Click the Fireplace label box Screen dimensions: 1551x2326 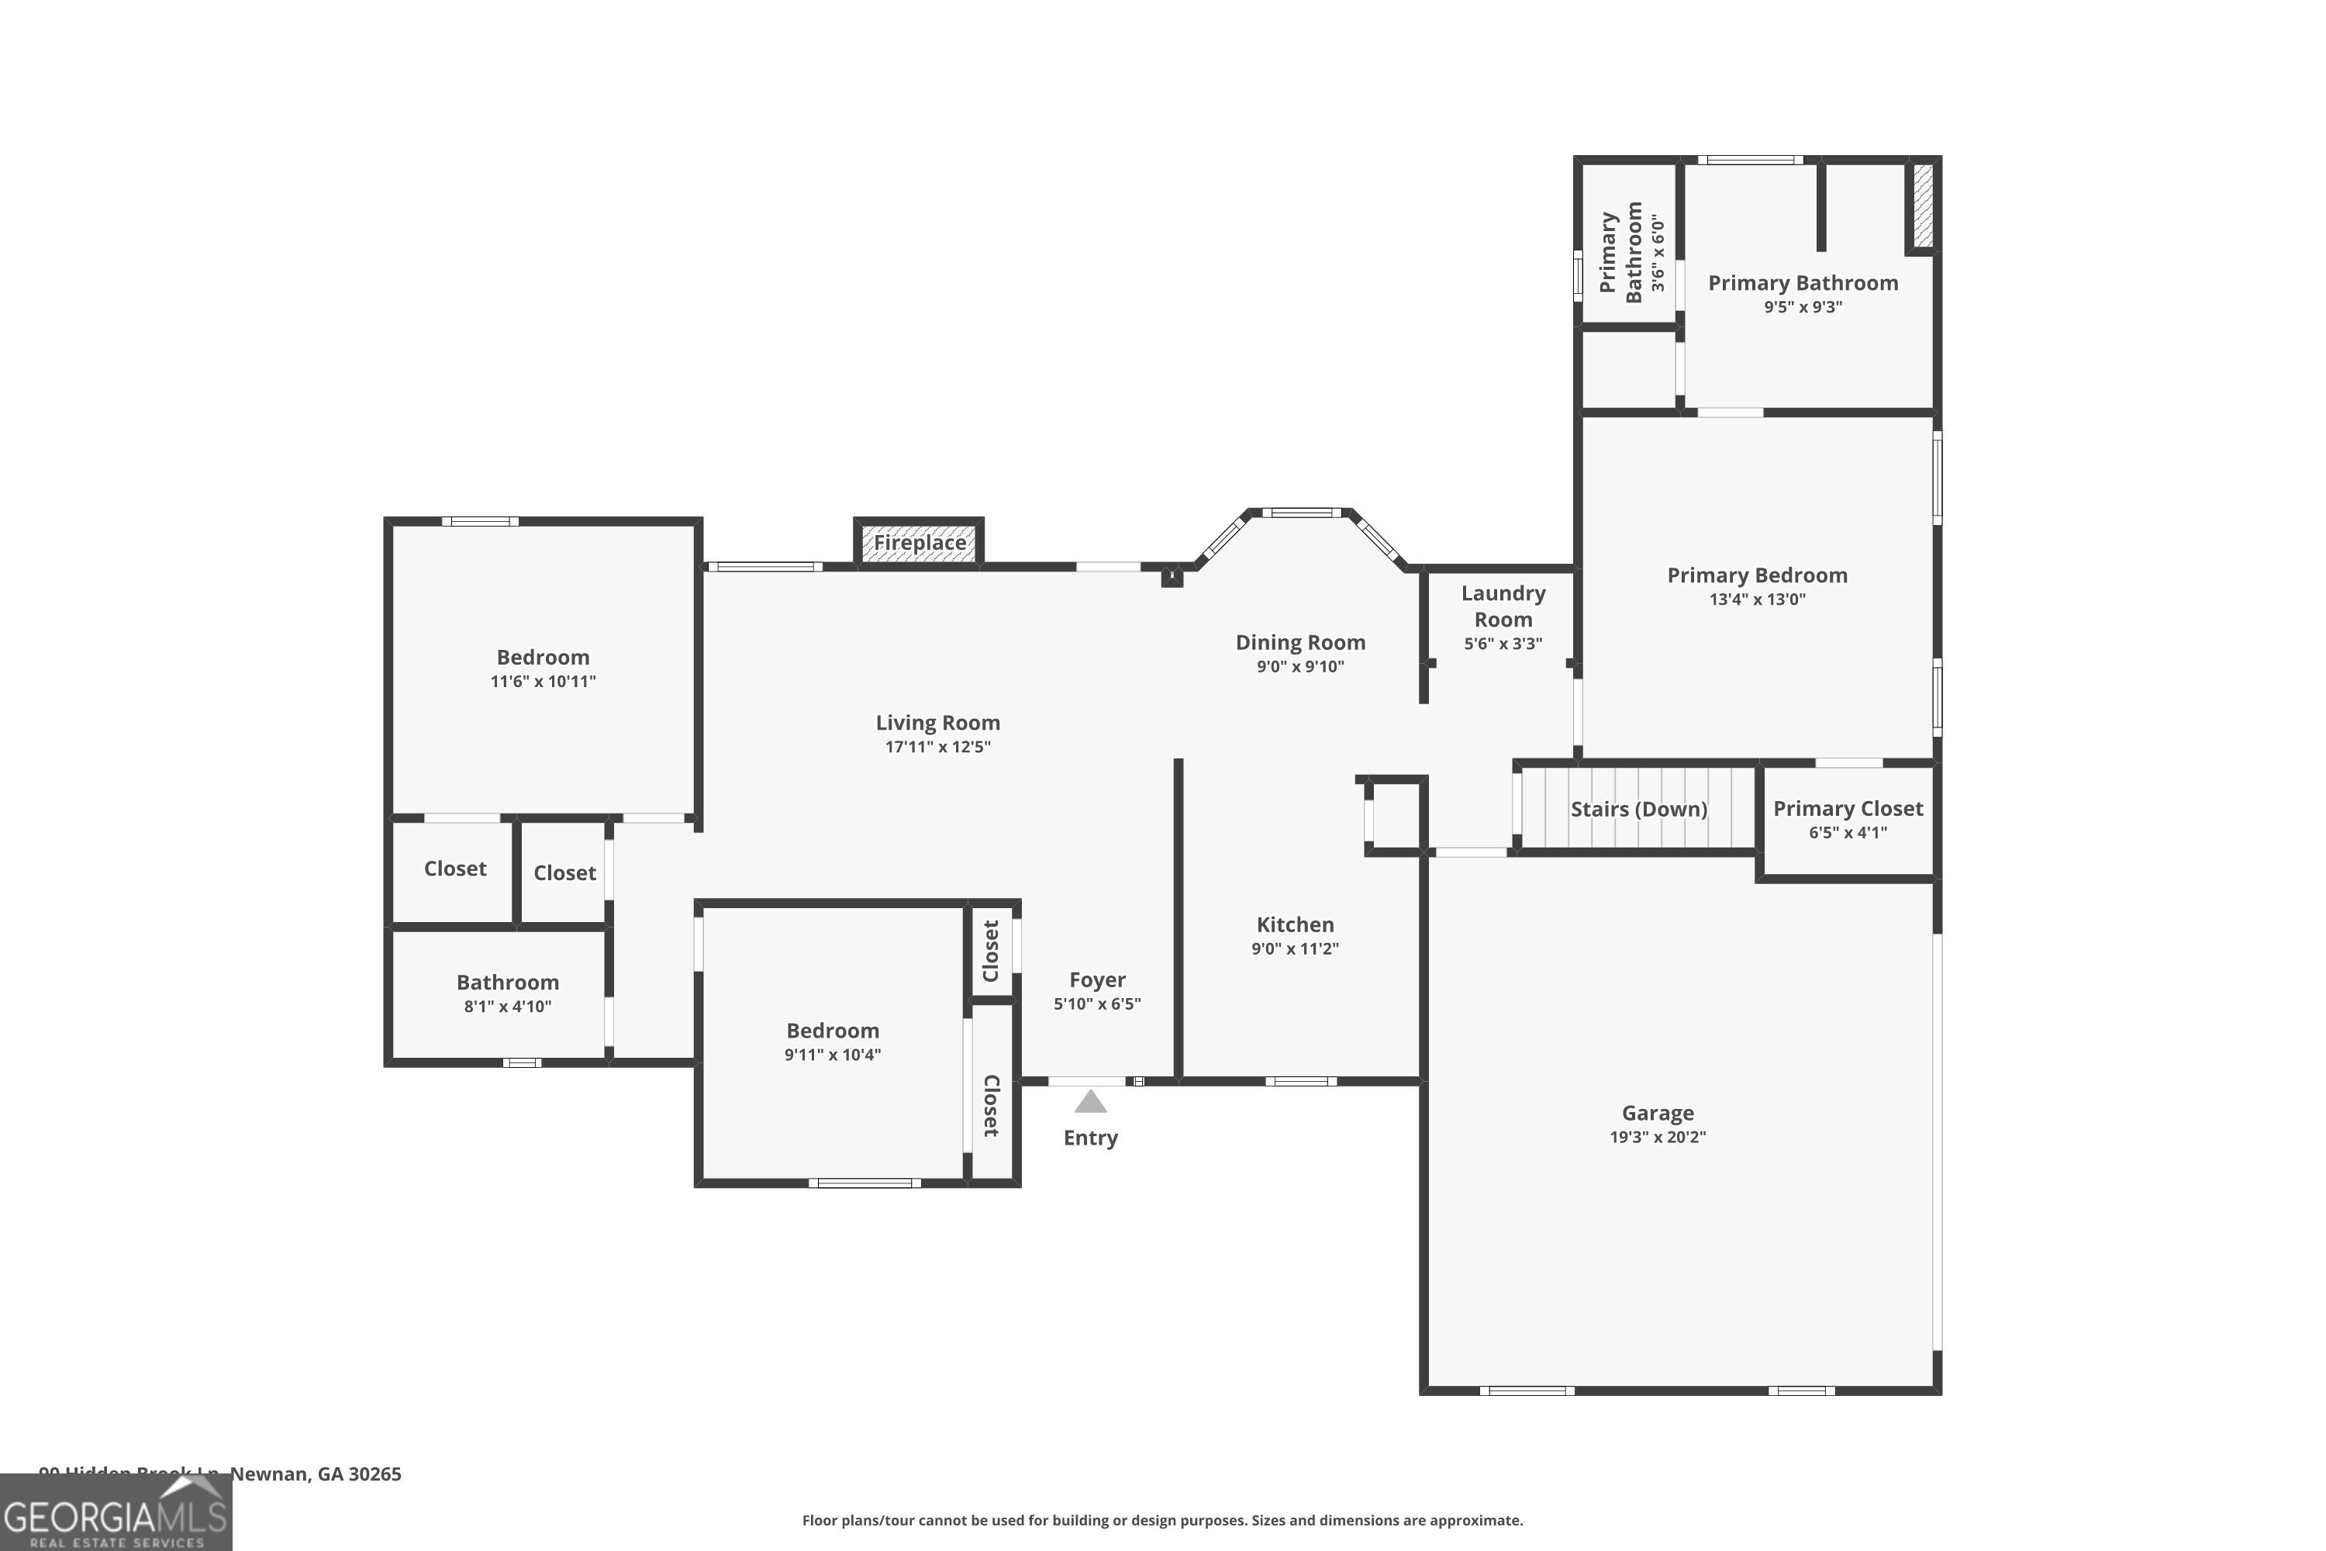point(919,543)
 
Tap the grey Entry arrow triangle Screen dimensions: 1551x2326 point(1090,1102)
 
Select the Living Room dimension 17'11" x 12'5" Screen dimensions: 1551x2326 point(937,747)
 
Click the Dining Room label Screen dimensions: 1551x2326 point(1299,643)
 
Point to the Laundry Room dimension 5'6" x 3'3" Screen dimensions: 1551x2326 point(1503,644)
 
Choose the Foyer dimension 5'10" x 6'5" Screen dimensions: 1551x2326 point(1097,1004)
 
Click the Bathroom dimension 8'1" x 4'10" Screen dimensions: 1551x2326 point(507,1007)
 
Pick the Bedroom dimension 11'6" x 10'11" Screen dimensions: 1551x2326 point(543,682)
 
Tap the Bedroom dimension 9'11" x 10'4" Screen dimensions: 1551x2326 point(832,1055)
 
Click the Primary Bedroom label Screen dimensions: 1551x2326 point(1756,575)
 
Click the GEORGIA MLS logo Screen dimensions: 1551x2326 point(115,1514)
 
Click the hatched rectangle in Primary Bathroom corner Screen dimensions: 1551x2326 point(1923,206)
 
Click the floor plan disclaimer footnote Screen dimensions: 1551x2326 point(1162,1520)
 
